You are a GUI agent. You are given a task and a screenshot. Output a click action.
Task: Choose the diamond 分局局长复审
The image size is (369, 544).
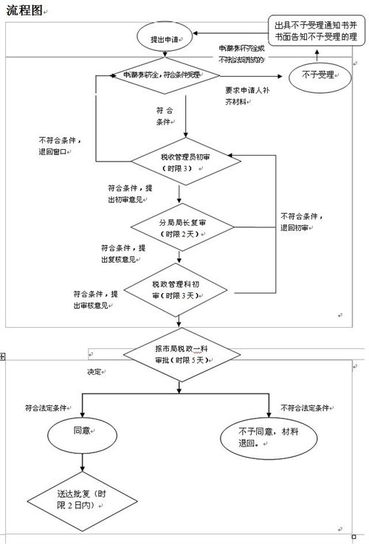[179, 227]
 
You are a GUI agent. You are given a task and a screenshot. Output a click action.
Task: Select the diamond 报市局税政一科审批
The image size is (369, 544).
[179, 354]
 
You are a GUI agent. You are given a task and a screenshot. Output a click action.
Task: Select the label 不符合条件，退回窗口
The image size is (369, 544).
[61, 145]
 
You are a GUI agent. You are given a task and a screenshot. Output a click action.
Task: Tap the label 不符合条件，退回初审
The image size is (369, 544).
[303, 222]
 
